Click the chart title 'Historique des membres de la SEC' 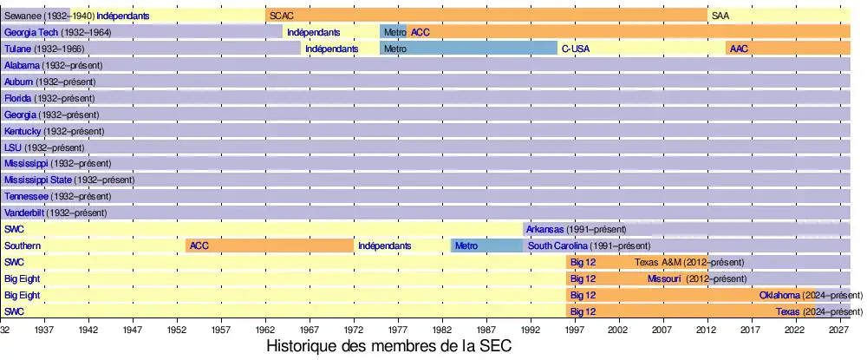pos(389,346)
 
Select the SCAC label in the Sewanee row pos(281,16)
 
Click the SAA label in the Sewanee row pos(720,16)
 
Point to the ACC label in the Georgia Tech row pos(420,32)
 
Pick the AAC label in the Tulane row pos(739,49)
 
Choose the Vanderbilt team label pos(24,213)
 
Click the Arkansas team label pos(544,229)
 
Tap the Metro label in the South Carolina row pos(466,245)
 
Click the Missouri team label pos(665,278)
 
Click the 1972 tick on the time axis pos(354,331)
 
